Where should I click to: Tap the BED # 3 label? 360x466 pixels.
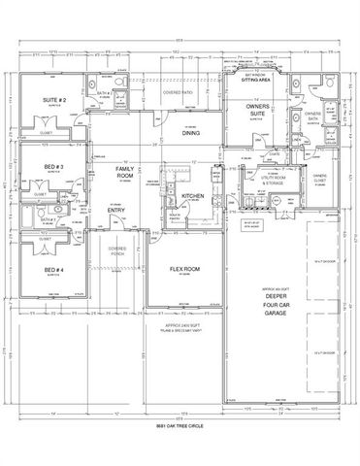pos(53,167)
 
